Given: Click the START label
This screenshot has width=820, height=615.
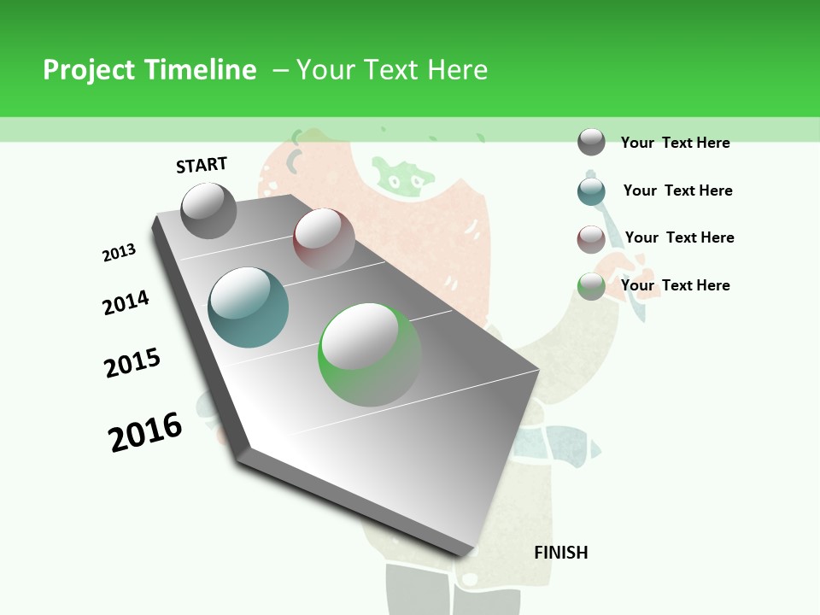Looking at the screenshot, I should point(202,165).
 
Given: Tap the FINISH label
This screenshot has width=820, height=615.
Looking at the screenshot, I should point(561,553).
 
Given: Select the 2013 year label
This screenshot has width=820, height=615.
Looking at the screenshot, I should point(119,253).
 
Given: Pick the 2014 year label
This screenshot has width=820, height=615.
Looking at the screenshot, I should point(126,302).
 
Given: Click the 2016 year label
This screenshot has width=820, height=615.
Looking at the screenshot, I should point(145,431).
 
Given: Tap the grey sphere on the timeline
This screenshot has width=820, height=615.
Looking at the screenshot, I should point(208,210).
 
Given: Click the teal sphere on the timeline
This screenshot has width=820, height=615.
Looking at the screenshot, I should point(248,307).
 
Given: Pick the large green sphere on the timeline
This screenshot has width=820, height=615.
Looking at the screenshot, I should point(369,354).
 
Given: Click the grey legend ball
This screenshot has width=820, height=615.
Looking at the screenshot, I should point(591,142).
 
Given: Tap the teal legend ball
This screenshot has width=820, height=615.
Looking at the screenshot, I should point(591,190).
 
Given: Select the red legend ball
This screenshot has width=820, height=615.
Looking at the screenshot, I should point(591,238).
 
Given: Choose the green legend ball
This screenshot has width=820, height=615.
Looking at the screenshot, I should point(591,285).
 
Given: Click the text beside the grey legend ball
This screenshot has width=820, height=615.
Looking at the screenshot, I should point(675,143).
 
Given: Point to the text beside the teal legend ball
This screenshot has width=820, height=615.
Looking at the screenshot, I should point(677,190).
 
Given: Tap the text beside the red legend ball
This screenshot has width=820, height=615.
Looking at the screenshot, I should point(679,237).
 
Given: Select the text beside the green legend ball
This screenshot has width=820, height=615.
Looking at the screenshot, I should point(675,285).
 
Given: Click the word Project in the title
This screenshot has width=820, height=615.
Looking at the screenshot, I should point(89,70).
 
